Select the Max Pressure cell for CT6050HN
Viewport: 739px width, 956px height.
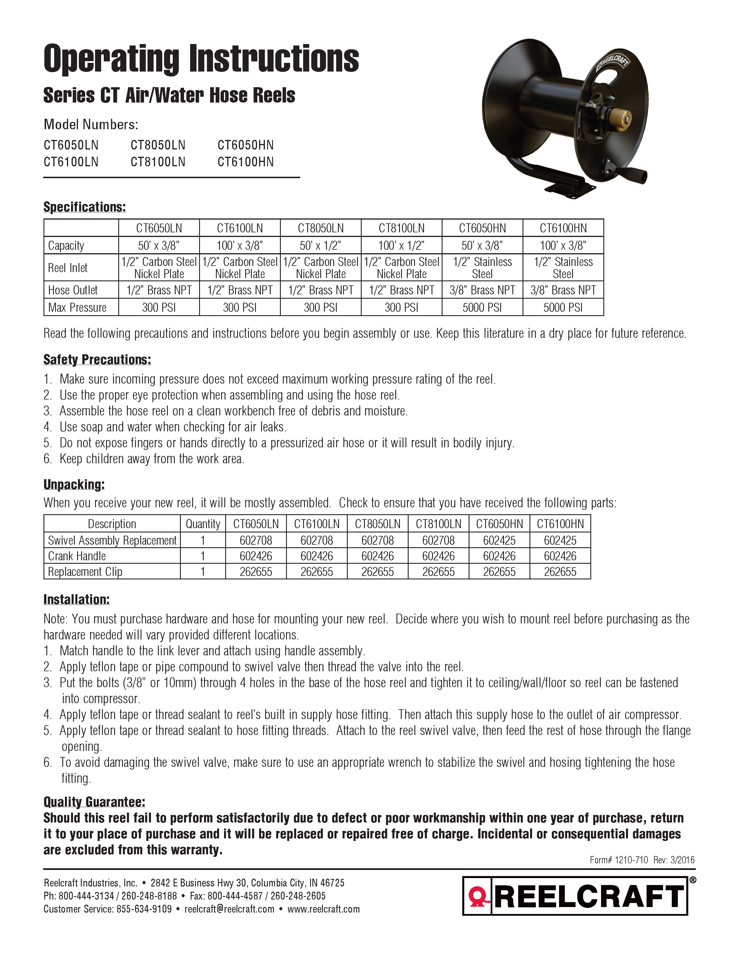coord(482,307)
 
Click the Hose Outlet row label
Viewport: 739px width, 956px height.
coord(73,290)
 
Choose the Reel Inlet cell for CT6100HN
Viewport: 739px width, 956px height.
coord(563,267)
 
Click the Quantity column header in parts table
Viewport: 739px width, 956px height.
coord(203,524)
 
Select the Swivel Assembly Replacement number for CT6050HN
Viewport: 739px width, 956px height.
coord(499,541)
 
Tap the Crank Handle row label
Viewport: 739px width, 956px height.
coord(77,556)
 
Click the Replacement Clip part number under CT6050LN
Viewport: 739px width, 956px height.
coord(256,572)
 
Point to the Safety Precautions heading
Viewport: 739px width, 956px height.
coord(97,360)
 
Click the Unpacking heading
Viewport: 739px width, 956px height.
coord(74,485)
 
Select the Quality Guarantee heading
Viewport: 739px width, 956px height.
coord(94,802)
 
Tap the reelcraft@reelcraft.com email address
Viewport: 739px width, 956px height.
coord(230,909)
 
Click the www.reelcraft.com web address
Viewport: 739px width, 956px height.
coord(323,909)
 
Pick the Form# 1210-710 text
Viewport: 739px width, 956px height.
coord(619,860)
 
